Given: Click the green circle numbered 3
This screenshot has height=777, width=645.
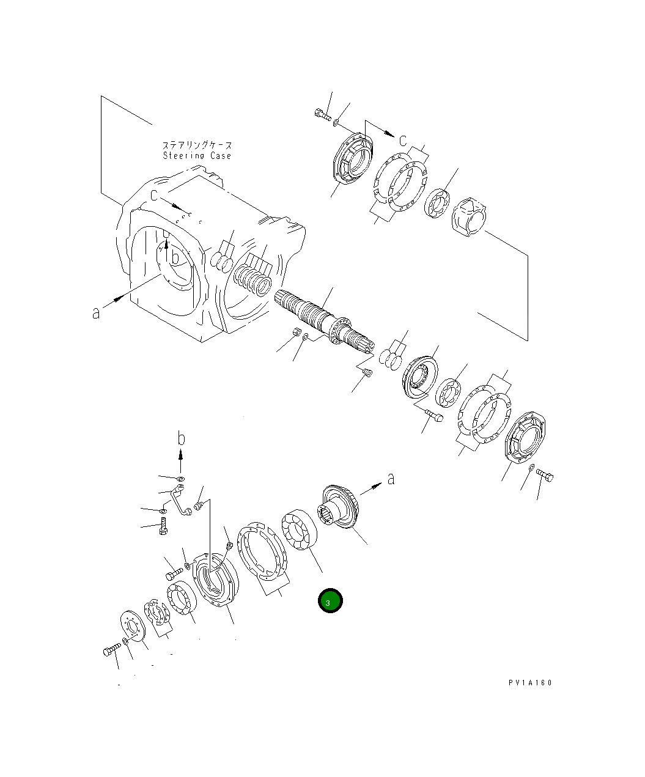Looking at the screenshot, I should (x=330, y=602).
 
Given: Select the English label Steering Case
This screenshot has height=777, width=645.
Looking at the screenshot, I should (x=197, y=156).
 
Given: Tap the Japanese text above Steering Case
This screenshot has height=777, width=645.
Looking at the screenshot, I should (x=197, y=145).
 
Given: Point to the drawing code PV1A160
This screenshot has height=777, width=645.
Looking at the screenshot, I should (x=529, y=683).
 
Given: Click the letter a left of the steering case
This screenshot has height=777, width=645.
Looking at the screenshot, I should (x=96, y=312).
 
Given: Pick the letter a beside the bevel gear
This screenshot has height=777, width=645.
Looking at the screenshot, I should (x=391, y=478).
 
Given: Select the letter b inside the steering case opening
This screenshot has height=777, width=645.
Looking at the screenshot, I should (x=175, y=257).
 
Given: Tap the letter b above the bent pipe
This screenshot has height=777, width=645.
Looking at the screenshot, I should (x=181, y=438).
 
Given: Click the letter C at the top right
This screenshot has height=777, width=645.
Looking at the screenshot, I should (x=403, y=141).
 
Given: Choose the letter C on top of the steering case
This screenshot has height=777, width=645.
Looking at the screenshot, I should (x=155, y=195).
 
